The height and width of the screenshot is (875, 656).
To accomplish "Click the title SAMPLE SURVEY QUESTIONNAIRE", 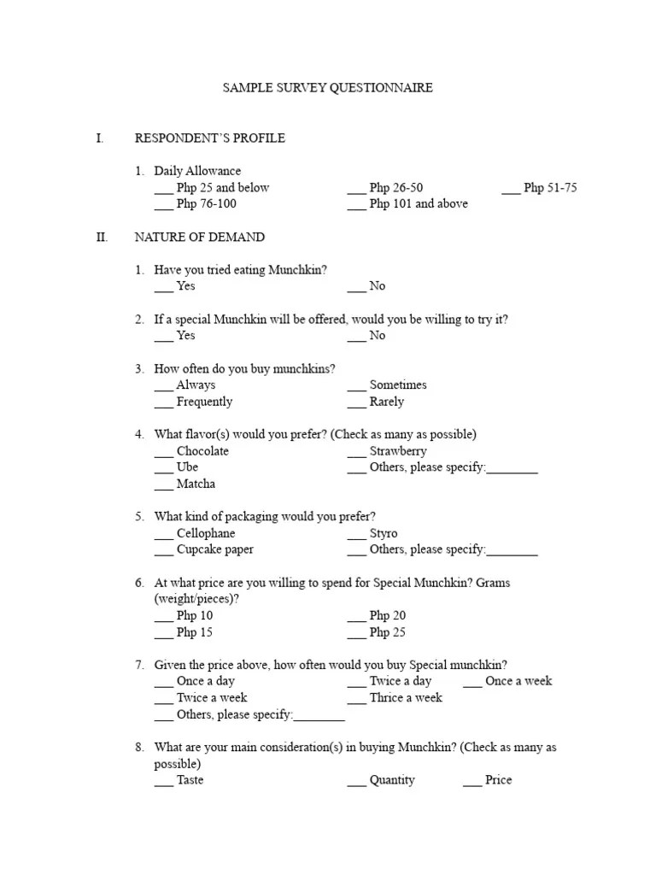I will (x=327, y=88).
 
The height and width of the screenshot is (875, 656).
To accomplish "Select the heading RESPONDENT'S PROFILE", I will (x=209, y=138).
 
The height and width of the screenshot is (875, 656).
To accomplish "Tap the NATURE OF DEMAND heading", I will (x=199, y=237).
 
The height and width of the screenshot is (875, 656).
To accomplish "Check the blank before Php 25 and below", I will (x=163, y=188).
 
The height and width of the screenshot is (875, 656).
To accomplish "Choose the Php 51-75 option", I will (x=550, y=188).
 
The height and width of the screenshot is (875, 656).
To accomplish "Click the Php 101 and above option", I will (x=419, y=204).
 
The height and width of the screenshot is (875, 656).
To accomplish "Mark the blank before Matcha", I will (x=163, y=484).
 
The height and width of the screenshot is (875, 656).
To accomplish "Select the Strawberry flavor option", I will (x=398, y=451).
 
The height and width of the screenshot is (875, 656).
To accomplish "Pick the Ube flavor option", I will (x=187, y=467).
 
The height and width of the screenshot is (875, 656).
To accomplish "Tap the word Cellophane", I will (x=205, y=533).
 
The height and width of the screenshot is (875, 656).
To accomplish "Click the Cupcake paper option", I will (x=214, y=549).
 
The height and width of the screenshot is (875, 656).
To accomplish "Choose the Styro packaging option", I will (x=384, y=533).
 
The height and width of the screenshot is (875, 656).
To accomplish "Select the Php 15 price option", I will (x=195, y=632).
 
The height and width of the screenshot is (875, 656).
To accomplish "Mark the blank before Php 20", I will (x=356, y=616).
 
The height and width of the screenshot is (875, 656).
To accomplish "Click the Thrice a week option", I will (x=406, y=698).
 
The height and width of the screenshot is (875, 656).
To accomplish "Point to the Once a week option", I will (x=518, y=681).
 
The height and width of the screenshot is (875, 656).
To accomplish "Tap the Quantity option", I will (x=392, y=780).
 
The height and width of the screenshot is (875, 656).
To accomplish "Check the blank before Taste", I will (x=163, y=781).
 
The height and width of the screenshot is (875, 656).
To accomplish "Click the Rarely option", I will (x=387, y=402).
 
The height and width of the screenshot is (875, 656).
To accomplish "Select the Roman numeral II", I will (x=102, y=237).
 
